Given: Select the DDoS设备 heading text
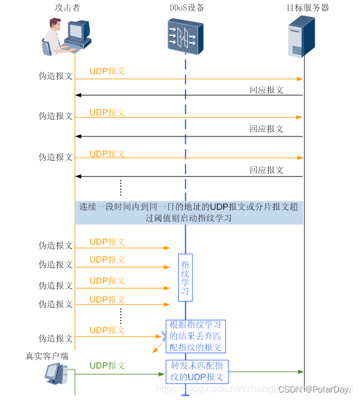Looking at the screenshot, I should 185,8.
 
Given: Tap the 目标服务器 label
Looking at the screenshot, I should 308,8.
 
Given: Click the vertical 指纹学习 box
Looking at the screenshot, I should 185,277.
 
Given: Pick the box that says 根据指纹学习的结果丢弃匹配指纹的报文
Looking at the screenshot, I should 196,336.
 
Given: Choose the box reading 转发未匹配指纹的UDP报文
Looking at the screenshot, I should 197,371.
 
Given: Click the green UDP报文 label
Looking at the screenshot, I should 107,365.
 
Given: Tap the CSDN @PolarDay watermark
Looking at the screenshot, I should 314,389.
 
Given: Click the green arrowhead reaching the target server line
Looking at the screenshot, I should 300,372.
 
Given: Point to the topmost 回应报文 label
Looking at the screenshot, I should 267,90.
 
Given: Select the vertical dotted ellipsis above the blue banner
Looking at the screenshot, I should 121,187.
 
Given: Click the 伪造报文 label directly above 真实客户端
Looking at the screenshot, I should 55,338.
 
